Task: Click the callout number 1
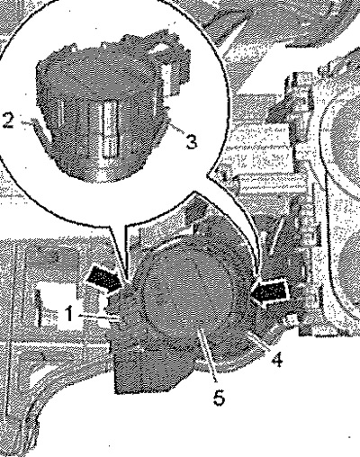[69, 314]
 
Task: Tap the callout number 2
[8, 121]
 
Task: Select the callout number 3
[191, 141]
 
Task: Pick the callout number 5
[219, 398]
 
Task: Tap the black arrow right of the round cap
[269, 293]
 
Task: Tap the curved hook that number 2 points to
[43, 133]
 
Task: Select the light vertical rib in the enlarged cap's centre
[109, 129]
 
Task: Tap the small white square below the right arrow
[289, 319]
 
